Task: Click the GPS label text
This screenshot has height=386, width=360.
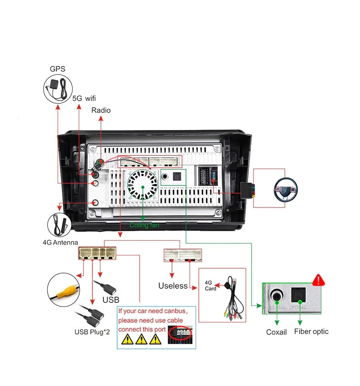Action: (58, 69)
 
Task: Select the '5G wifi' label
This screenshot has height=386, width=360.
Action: (84, 98)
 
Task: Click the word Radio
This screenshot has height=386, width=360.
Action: (101, 110)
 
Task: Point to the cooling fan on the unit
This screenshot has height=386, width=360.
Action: (142, 185)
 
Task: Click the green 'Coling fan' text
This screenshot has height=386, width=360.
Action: (144, 225)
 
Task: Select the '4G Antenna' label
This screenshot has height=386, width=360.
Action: (60, 242)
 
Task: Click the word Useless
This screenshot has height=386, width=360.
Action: (173, 285)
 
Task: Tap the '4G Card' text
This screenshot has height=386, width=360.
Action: (210, 285)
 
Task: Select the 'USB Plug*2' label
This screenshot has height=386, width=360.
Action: (92, 332)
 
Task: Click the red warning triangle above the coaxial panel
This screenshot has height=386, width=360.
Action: (318, 279)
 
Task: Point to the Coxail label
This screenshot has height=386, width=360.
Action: (276, 332)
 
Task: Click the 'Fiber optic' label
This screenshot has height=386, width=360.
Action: (311, 331)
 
